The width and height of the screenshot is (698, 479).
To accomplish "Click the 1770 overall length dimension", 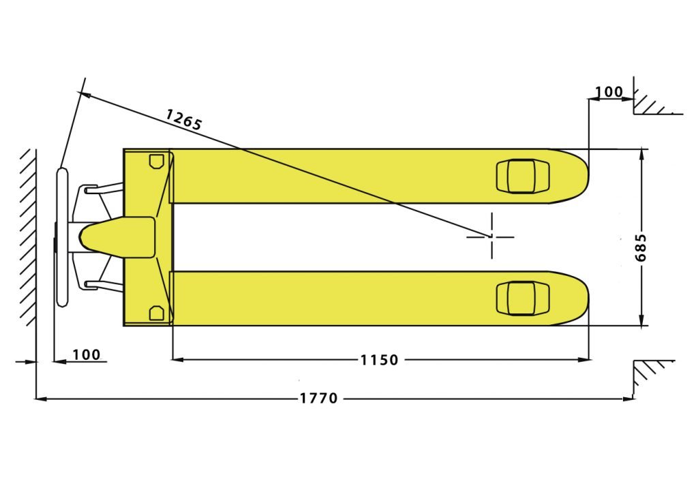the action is click(319, 397).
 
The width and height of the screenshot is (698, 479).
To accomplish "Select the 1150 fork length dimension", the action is click(379, 359).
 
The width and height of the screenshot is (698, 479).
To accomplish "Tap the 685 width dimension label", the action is click(641, 247).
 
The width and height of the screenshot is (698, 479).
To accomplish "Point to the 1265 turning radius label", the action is click(184, 119).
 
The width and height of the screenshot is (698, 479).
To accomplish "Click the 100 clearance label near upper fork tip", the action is click(609, 92).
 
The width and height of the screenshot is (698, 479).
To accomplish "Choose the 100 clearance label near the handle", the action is click(87, 354).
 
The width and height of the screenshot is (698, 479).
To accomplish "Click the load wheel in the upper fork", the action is click(523, 176).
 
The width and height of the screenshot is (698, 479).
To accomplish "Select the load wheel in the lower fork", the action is click(523, 298).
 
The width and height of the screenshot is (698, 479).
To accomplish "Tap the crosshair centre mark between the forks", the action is click(491, 236).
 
